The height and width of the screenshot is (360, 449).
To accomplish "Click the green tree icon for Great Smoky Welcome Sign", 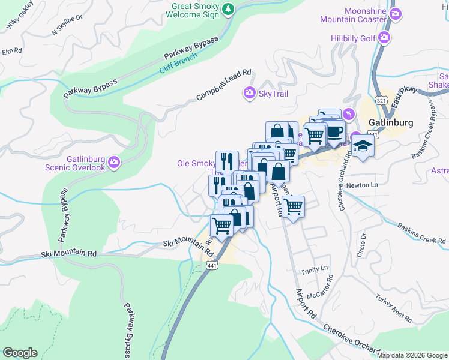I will click(228, 9).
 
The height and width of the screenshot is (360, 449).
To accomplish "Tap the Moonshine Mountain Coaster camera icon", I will click(395, 13).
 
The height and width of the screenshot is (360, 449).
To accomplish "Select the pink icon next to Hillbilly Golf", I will click(385, 39).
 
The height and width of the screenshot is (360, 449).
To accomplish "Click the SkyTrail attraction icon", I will click(249, 93).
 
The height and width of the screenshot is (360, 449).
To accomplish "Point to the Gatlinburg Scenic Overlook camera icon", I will click(114, 162).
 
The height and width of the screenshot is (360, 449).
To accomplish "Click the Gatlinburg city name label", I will click(391, 122).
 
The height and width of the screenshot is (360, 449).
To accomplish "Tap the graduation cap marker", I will click(363, 146).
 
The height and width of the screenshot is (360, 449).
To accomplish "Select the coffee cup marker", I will click(335, 131).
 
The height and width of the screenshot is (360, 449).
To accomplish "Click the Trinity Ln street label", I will click(315, 268).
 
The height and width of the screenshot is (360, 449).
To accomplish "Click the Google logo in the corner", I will click(20, 353).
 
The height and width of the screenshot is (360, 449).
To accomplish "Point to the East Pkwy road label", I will click(403, 99).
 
